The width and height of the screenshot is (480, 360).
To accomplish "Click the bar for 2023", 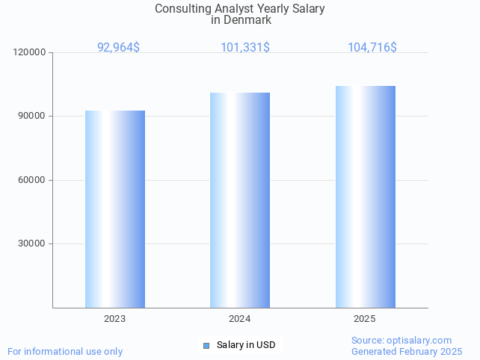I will click(115, 209).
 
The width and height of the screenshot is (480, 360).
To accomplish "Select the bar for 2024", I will click(240, 200).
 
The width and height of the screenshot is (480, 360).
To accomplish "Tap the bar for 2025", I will click(365, 196).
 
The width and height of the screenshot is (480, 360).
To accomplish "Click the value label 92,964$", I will click(118, 47).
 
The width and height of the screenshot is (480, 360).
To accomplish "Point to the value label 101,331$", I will click(245, 47).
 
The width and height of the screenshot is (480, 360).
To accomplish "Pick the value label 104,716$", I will click(372, 47).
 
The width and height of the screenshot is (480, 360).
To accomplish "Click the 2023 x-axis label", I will click(115, 319).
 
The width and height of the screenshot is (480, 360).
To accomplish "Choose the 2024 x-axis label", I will click(240, 319).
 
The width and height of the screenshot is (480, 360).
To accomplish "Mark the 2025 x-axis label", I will click(365, 319).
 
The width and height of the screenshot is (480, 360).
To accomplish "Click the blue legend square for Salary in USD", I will click(206, 345).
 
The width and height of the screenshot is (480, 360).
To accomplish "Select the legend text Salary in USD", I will click(246, 345).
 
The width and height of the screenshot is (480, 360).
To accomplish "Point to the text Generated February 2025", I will click(407, 351).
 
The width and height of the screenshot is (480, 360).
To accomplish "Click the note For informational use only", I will click(65, 351).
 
